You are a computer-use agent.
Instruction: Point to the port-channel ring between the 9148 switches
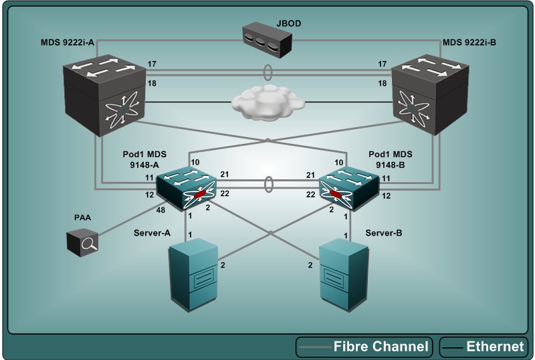pyautogui.click(x=267, y=184)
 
